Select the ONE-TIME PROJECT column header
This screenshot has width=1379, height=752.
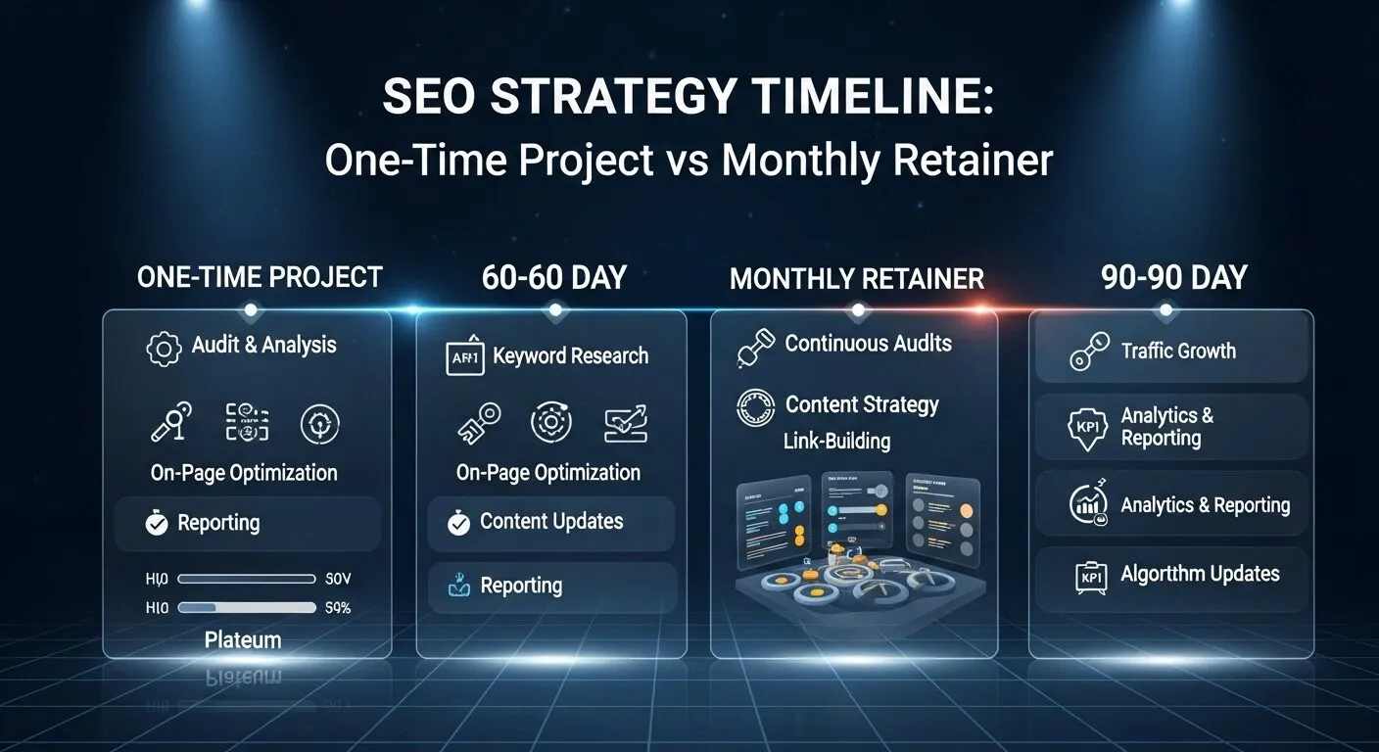(x=260, y=277)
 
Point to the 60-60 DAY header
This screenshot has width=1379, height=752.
(x=553, y=277)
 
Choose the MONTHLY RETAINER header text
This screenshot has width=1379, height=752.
(x=856, y=278)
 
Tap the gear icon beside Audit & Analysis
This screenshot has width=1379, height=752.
(x=164, y=349)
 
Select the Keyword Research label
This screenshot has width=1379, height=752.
(x=570, y=355)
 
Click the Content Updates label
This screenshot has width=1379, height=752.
(x=551, y=521)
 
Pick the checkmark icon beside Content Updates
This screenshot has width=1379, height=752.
(x=458, y=524)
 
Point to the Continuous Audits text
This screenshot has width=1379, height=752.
(x=868, y=344)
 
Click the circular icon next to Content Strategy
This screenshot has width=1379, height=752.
(x=755, y=407)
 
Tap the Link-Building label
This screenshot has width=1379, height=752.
(x=836, y=441)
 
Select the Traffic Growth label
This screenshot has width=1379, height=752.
(x=1178, y=351)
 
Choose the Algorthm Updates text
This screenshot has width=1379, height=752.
(x=1200, y=574)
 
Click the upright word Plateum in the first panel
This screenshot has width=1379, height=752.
(x=243, y=640)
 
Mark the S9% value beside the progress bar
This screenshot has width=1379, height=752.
(x=337, y=608)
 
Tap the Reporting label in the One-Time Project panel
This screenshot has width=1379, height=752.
(x=218, y=523)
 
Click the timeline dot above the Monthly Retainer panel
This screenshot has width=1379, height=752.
(x=859, y=310)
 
